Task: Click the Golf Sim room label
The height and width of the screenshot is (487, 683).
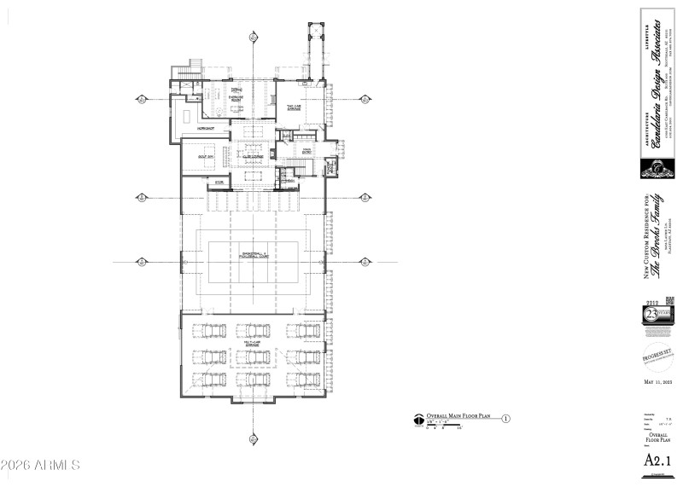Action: [x=205, y=158]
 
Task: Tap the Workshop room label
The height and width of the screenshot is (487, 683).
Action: [x=205, y=127]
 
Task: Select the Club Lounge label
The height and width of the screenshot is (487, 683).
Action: [x=252, y=158]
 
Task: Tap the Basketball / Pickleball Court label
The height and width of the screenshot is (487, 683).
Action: [x=254, y=254]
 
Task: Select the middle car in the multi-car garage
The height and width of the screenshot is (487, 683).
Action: [x=254, y=356]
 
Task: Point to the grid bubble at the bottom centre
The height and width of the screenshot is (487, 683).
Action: [x=254, y=439]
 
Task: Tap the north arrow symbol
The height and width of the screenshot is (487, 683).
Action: [x=417, y=420]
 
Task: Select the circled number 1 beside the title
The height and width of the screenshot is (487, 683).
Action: [x=505, y=419]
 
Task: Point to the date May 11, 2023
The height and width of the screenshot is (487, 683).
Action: [x=657, y=382]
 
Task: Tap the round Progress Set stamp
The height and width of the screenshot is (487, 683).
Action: [x=657, y=356]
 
